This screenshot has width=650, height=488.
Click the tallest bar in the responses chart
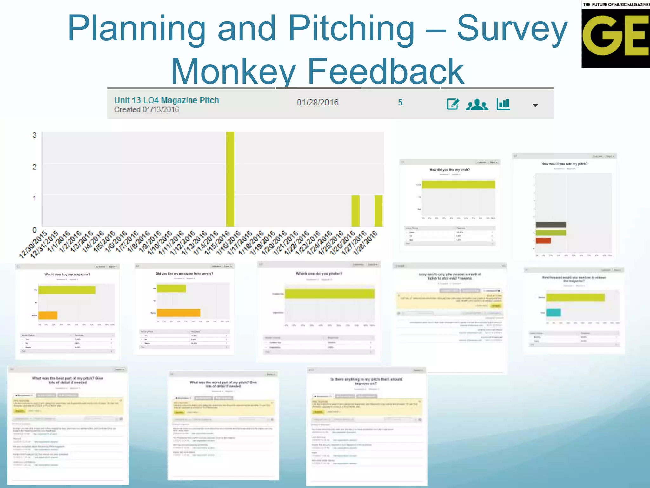(230, 179)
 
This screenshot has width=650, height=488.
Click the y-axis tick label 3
(35, 135)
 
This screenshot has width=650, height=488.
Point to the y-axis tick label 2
(35, 167)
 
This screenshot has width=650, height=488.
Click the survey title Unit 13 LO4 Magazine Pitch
(167, 100)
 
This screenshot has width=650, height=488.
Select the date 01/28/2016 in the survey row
(318, 102)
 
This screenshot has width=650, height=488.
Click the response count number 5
(400, 102)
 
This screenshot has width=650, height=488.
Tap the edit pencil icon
(452, 104)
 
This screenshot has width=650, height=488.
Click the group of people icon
(477, 104)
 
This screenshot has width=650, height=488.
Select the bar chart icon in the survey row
(503, 104)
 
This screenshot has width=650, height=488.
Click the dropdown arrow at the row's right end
(535, 105)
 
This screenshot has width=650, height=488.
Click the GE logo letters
(615, 36)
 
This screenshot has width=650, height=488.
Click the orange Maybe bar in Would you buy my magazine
(48, 315)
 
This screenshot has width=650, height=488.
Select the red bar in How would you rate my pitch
(543, 241)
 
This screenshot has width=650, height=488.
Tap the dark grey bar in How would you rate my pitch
(551, 225)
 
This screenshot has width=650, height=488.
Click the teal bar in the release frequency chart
(554, 313)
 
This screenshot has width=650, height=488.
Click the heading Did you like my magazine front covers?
(184, 274)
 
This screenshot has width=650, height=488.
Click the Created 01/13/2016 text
(147, 110)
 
